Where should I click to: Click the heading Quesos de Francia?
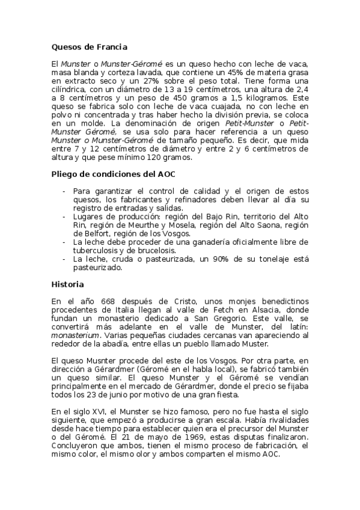pos(89,46)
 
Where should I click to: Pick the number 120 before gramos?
pos(150,158)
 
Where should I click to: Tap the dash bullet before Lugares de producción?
pos(64,216)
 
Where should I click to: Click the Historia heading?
pos(67,284)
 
